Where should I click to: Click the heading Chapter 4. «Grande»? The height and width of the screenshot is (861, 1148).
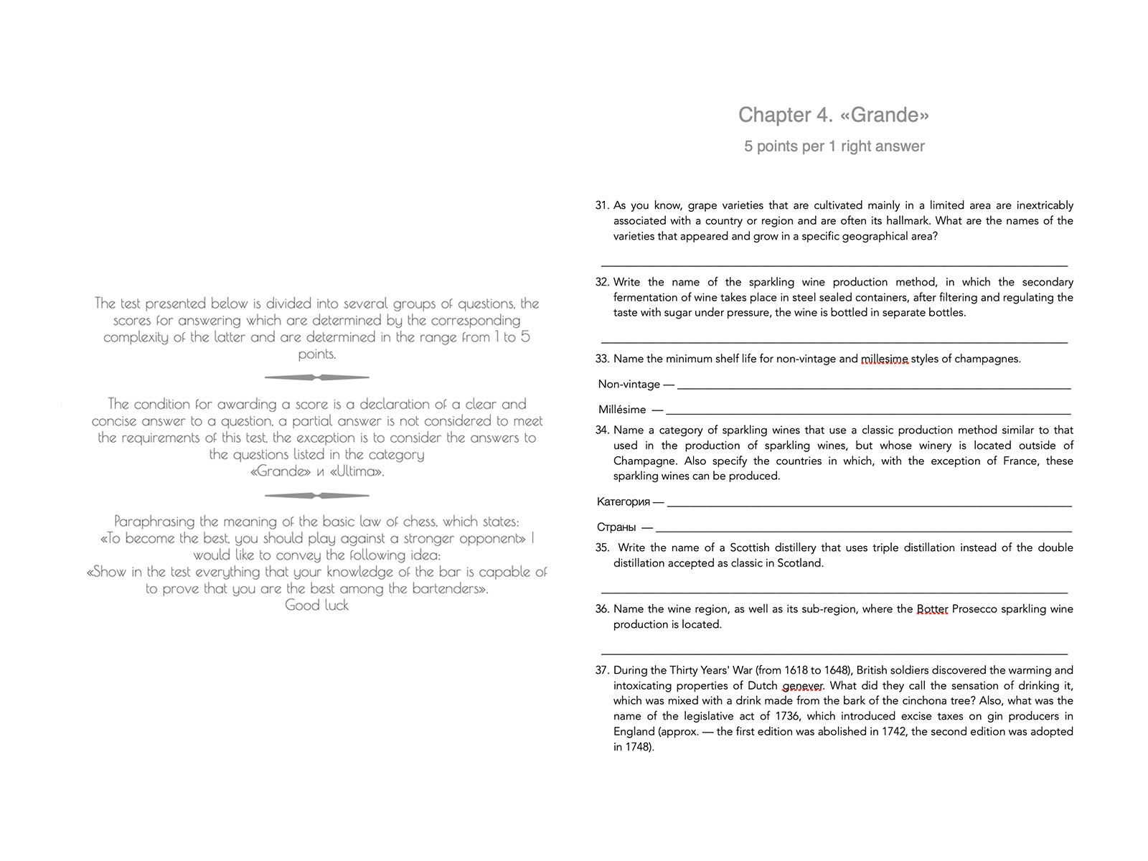pos(834,115)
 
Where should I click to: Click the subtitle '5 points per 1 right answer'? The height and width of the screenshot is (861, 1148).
pos(834,146)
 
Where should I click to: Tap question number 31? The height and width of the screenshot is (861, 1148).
pos(601,205)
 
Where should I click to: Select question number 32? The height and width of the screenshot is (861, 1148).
pos(601,282)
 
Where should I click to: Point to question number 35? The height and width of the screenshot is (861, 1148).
pos(601,547)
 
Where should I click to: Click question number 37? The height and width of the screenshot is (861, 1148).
pos(601,670)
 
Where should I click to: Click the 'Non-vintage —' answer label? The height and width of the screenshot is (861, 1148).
pos(636,385)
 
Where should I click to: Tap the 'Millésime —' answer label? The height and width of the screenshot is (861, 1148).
pos(630,410)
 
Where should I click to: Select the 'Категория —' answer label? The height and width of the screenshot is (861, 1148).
pos(630,502)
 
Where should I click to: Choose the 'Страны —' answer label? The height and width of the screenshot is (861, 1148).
pos(624,527)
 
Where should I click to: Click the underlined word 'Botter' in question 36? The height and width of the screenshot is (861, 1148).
pos(932,609)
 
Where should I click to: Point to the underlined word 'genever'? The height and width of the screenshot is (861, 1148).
pos(803,686)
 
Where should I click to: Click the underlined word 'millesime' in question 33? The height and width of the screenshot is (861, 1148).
pos(884,359)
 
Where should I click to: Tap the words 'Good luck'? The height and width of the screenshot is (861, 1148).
pos(316,606)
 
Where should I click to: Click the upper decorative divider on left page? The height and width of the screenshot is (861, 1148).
pos(316,377)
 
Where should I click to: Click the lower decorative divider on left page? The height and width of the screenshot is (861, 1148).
pos(316,496)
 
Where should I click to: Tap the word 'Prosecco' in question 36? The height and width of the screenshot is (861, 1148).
pos(974,609)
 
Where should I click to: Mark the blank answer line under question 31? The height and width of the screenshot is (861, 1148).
pos(834,265)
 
